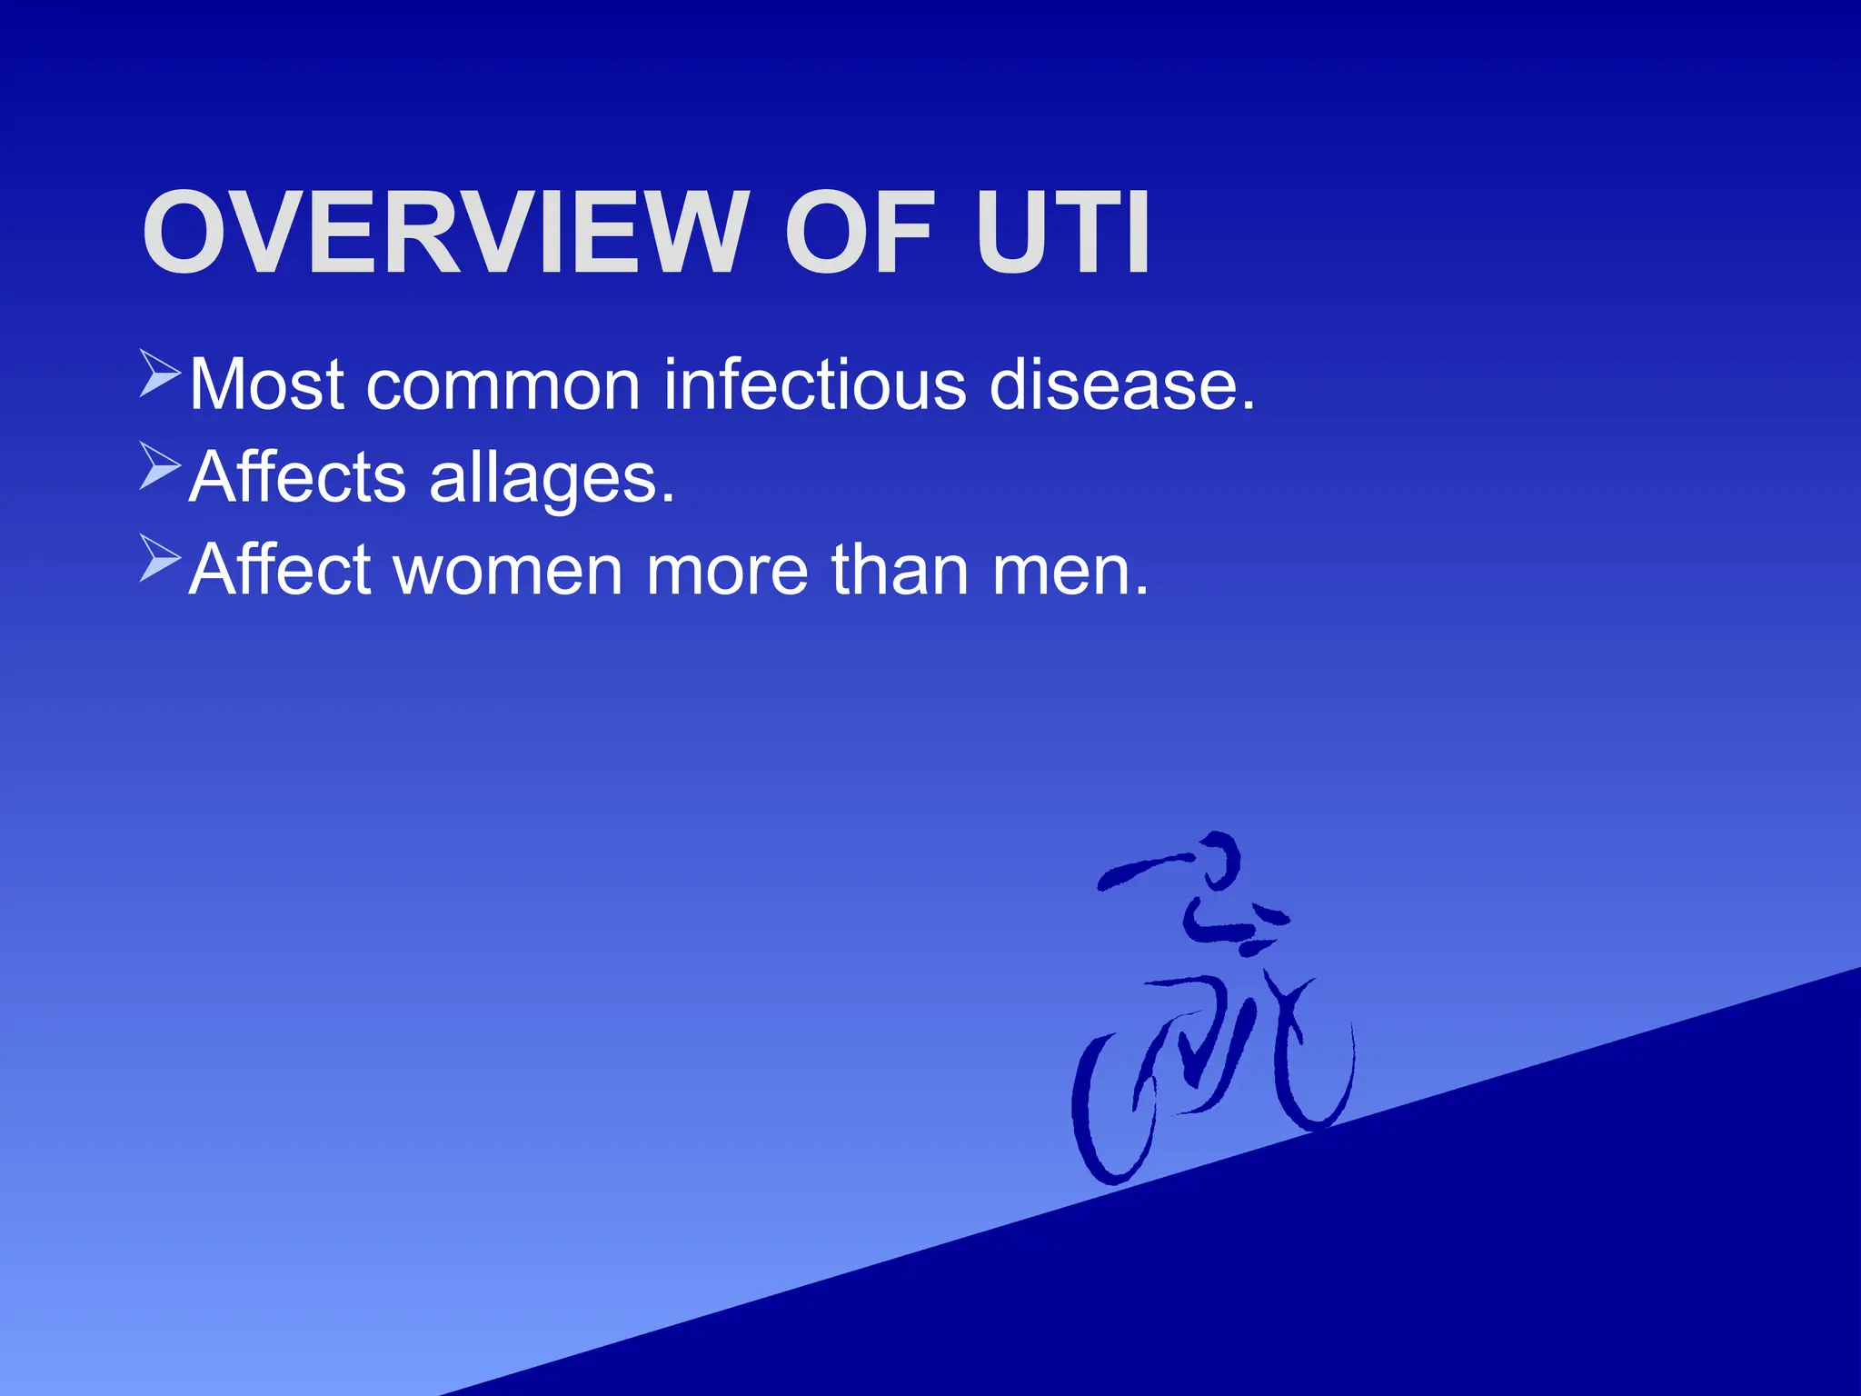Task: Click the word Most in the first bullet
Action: pos(266,385)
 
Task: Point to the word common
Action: pos(503,385)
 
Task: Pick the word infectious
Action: pos(814,385)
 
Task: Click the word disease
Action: pos(1121,385)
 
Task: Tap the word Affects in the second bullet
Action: pos(297,477)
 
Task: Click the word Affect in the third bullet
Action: pos(281,570)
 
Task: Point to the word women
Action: pos(509,570)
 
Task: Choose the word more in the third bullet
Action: pos(727,570)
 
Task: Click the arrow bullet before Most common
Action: pos(160,374)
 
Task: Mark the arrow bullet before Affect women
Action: pos(160,558)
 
